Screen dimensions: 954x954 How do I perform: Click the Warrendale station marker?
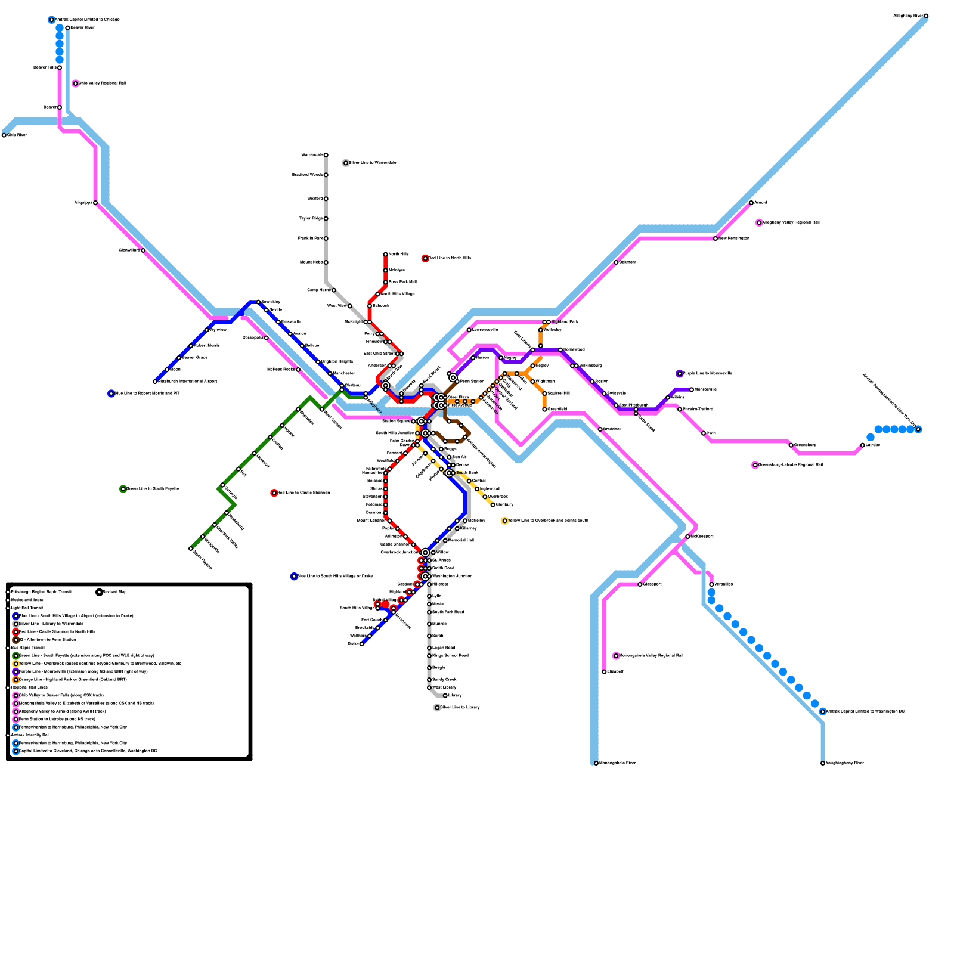(x=326, y=155)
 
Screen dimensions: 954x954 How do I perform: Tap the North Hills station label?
(x=398, y=255)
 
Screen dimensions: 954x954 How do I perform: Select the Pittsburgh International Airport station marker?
(x=155, y=382)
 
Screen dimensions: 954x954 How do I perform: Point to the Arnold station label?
(x=761, y=203)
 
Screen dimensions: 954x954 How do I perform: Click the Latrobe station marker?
(x=863, y=445)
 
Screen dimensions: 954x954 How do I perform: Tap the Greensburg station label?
(x=805, y=445)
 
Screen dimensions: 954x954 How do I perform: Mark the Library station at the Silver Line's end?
(x=445, y=696)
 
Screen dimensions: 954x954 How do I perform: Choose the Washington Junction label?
(x=453, y=577)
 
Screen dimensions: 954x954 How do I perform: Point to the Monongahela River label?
(x=617, y=763)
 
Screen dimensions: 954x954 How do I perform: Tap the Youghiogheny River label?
(x=844, y=763)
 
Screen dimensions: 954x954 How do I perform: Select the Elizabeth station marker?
(x=605, y=672)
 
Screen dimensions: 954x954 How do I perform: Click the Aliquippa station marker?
(x=95, y=203)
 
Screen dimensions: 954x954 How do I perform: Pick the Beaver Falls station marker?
(x=60, y=67)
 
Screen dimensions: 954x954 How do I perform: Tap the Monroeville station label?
(x=705, y=389)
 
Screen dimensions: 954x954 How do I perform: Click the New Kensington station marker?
(x=715, y=238)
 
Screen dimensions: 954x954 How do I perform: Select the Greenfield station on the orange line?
(x=545, y=410)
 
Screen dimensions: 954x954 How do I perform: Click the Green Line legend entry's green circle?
(x=16, y=656)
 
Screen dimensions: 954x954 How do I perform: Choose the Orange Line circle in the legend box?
(x=16, y=680)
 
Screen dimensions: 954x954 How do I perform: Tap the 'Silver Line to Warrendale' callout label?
(x=373, y=163)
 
